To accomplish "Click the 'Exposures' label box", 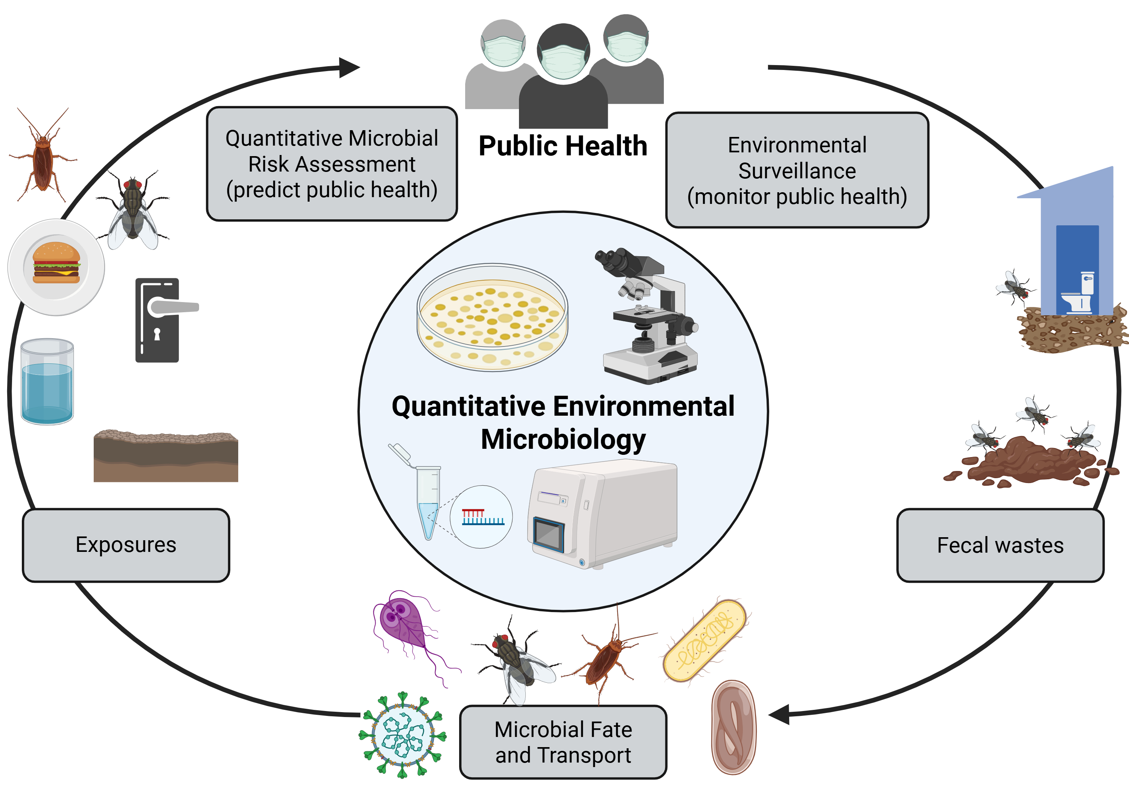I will click(126, 545).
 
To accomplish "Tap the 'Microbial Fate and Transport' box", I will click(563, 742).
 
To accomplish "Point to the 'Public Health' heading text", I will click(563, 146).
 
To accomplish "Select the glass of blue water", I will click(47, 382).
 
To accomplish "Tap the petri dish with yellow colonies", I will click(492, 317).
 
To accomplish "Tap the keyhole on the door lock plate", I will click(157, 334).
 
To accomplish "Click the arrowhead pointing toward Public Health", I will click(350, 68).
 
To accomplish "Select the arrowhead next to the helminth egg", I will click(780, 714).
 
